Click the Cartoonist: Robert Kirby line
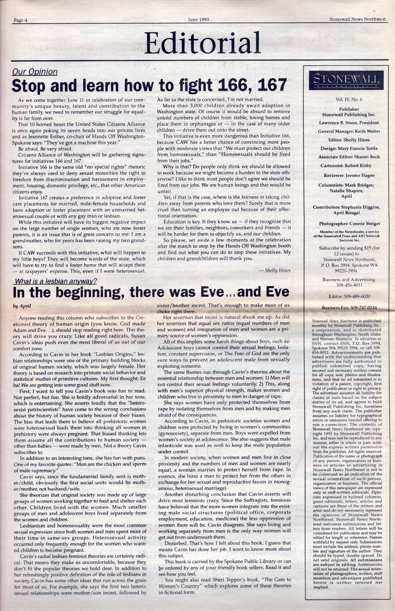[x=346, y=166]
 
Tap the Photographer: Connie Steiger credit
[x=349, y=224]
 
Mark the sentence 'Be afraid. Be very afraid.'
[x=42, y=149]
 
